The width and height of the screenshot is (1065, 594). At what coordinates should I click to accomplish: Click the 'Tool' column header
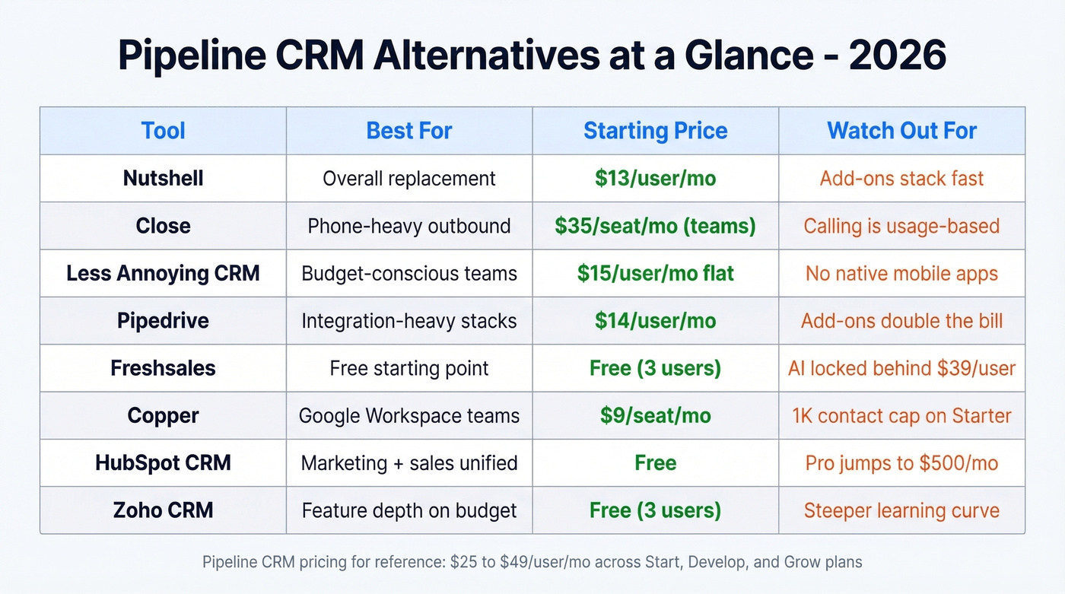click(163, 131)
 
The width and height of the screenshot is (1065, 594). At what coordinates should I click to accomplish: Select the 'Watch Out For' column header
click(901, 131)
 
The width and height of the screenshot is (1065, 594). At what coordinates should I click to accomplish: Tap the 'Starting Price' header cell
click(655, 131)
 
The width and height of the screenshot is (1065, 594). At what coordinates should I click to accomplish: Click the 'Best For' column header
click(409, 131)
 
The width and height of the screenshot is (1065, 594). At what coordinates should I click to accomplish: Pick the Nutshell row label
click(163, 179)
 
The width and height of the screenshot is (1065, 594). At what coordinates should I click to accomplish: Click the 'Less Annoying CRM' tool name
click(163, 274)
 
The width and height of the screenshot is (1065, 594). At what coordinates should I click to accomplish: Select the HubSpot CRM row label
click(163, 463)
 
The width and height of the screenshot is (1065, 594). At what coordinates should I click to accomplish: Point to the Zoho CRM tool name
click(163, 510)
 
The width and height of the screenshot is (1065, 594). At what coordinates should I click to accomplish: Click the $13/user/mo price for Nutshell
click(655, 179)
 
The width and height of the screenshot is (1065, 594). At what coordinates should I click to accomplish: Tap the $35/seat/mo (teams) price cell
click(655, 226)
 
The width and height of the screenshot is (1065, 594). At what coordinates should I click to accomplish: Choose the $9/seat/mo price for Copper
click(655, 416)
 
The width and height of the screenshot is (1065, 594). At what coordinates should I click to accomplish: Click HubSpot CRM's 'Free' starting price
click(655, 463)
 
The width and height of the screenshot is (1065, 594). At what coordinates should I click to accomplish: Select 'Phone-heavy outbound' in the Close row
click(409, 226)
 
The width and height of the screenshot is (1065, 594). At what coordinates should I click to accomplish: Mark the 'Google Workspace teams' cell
click(409, 416)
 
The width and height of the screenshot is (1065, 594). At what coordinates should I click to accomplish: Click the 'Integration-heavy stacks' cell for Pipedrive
click(409, 321)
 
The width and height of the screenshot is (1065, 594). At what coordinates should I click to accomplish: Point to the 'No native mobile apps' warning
click(901, 274)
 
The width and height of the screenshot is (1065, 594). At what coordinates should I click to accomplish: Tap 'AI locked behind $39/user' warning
click(901, 369)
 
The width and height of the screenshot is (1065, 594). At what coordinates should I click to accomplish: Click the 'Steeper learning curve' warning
click(901, 510)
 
